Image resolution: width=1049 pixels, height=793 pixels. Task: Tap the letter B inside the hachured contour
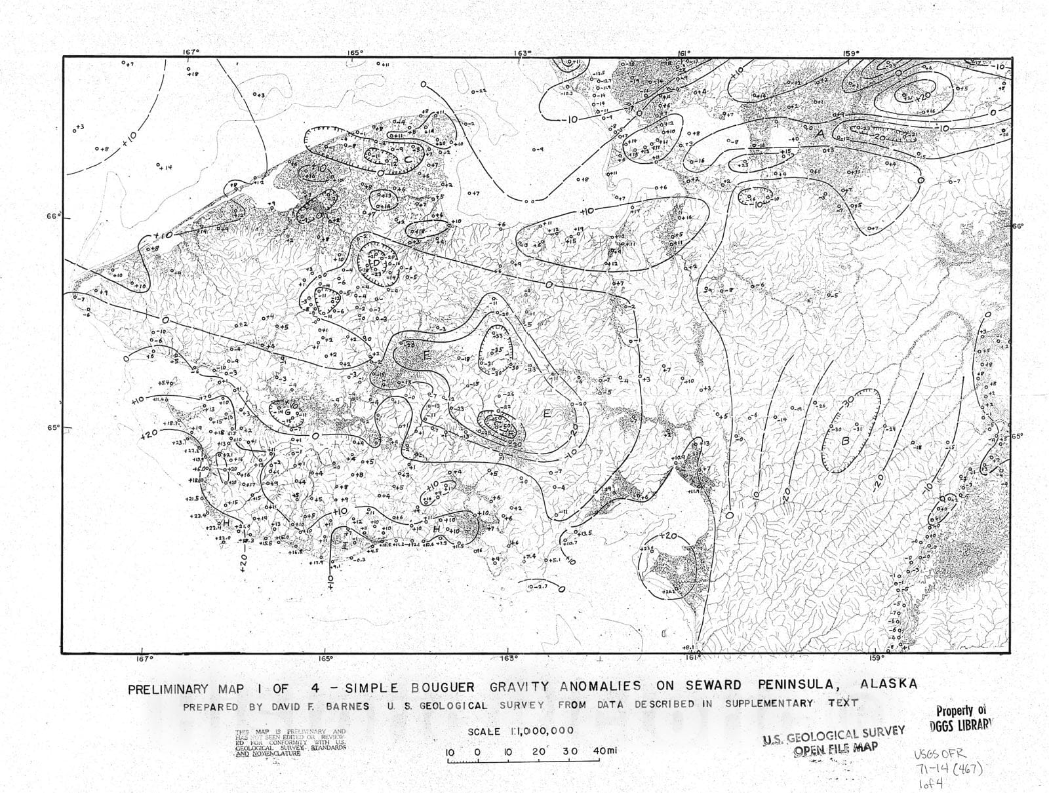pyautogui.click(x=845, y=441)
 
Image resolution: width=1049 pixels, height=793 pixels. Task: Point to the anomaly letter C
pyautogui.click(x=407, y=159)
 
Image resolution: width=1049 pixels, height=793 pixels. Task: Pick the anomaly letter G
pyautogui.click(x=287, y=412)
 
